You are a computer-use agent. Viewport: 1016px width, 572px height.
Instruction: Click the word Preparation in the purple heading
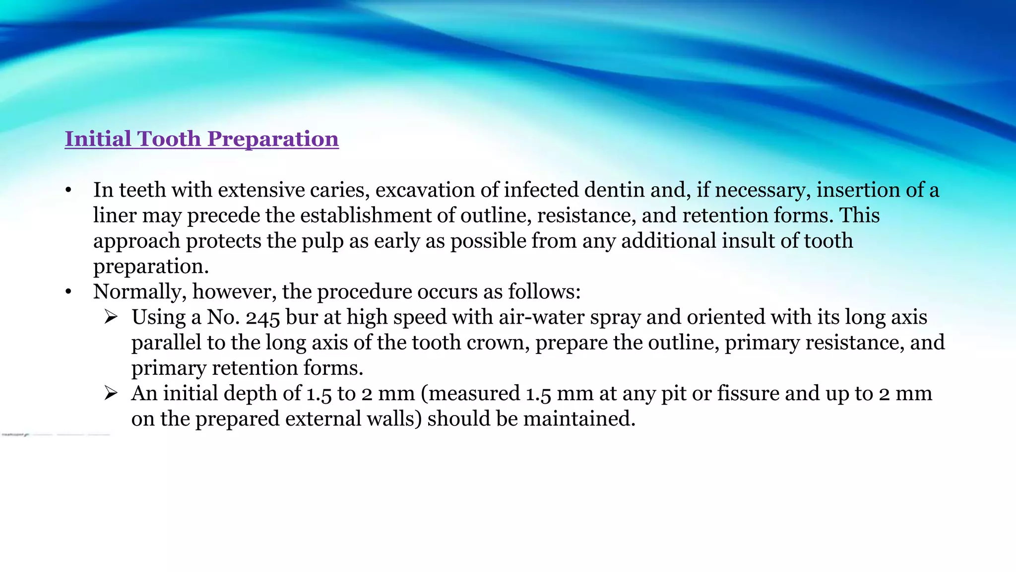273,140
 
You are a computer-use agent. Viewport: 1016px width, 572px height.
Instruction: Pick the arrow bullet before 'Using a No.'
111,317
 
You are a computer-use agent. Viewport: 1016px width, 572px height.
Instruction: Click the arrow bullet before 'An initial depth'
111,393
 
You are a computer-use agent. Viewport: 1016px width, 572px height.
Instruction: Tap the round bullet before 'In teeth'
68,191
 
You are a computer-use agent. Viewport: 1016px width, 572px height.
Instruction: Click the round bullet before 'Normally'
68,292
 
